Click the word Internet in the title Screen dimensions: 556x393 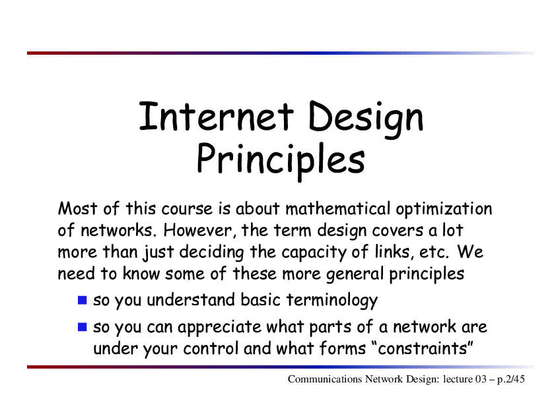(217, 116)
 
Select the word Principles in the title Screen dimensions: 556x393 (281, 160)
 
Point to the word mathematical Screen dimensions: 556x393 (337, 208)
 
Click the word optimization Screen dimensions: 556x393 (444, 209)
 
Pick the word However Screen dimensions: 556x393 (199, 231)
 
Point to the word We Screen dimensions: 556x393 (470, 252)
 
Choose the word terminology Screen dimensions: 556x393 (332, 301)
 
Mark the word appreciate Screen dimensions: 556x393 (219, 328)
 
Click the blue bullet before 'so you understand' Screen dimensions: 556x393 (83, 300)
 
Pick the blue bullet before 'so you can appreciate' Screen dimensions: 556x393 (83, 327)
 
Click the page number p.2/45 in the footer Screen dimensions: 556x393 (510, 380)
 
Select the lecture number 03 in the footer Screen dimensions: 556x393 (481, 379)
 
